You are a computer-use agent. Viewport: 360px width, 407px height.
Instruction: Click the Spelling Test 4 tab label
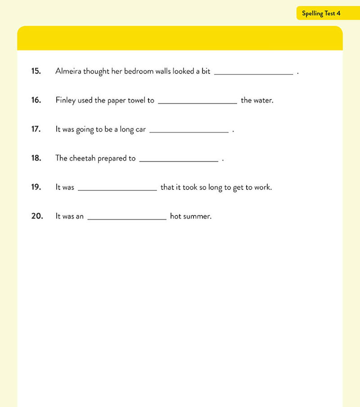pyautogui.click(x=321, y=13)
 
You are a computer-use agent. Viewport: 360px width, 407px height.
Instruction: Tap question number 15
pyautogui.click(x=36, y=71)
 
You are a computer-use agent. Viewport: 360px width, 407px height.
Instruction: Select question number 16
pyautogui.click(x=36, y=100)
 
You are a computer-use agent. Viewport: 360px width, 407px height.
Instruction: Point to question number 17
pyautogui.click(x=36, y=129)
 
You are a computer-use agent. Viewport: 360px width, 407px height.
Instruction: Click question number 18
pyautogui.click(x=36, y=158)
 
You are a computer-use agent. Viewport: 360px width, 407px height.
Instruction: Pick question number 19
pyautogui.click(x=36, y=187)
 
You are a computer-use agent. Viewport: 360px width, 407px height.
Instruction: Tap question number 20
pyautogui.click(x=37, y=216)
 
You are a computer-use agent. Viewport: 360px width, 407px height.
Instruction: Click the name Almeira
pyautogui.click(x=68, y=71)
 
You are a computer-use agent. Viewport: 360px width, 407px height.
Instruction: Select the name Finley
pyautogui.click(x=65, y=100)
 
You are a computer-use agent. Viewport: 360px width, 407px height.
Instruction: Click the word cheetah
pyautogui.click(x=82, y=158)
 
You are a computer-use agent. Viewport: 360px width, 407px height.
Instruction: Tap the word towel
pyautogui.click(x=136, y=100)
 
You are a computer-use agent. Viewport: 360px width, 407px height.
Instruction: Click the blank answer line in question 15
pyautogui.click(x=253, y=73)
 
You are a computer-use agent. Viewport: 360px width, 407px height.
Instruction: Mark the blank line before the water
pyautogui.click(x=197, y=102)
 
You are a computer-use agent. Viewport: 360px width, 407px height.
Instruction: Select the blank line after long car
pyautogui.click(x=189, y=131)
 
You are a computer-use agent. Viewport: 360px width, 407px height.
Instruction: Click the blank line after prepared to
pyautogui.click(x=179, y=160)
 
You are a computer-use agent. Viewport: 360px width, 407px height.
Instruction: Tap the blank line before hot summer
pyautogui.click(x=127, y=218)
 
